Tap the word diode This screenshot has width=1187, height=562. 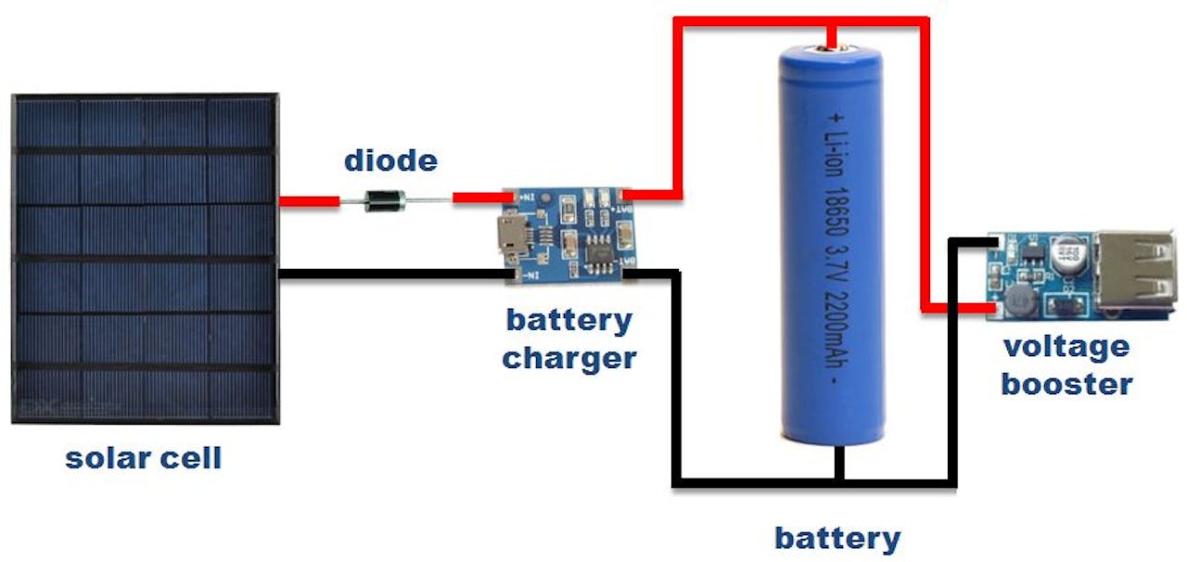point(390,160)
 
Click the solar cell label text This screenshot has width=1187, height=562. point(144,458)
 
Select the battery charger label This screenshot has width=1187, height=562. point(569,338)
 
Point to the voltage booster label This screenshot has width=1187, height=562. point(1066,365)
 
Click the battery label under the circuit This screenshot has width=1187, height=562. point(837,538)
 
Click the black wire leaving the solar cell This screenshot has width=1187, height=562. point(389,273)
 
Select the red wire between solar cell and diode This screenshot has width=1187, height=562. point(309,199)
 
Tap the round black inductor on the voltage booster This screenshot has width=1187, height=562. point(1017,298)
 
